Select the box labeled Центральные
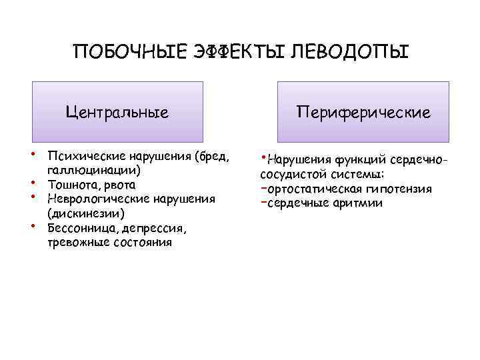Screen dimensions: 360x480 [x=117, y=112]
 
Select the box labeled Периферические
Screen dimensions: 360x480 [x=363, y=112]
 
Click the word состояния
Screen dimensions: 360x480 [x=141, y=242]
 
